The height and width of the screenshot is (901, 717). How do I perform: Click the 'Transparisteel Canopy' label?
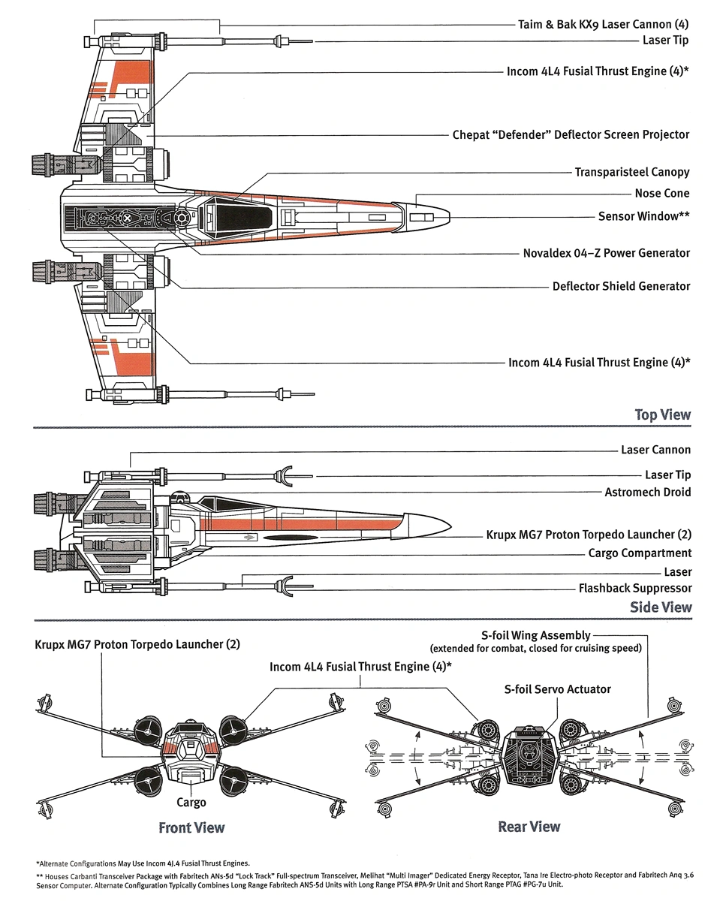631,172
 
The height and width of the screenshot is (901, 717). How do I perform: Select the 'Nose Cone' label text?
661,194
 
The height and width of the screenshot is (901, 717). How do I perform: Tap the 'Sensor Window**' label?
643,216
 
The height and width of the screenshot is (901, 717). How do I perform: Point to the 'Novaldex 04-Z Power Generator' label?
606,253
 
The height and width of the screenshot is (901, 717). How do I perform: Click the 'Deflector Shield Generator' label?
621,286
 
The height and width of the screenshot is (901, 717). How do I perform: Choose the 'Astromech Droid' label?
647,493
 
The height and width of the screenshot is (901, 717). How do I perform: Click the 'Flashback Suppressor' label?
634,588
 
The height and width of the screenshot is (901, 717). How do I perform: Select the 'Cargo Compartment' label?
640,554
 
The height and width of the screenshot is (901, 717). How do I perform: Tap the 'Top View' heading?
662,414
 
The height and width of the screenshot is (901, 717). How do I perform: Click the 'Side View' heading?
661,607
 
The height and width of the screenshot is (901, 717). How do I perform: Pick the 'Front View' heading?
191,827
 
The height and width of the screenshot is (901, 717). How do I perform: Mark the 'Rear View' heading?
529,827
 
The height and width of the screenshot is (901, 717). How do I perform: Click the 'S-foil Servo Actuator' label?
557,689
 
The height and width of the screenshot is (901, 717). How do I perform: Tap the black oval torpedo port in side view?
292,538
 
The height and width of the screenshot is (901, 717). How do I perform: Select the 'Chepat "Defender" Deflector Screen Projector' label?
571,135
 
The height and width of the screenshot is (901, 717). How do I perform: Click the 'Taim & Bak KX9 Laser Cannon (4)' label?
603,24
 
